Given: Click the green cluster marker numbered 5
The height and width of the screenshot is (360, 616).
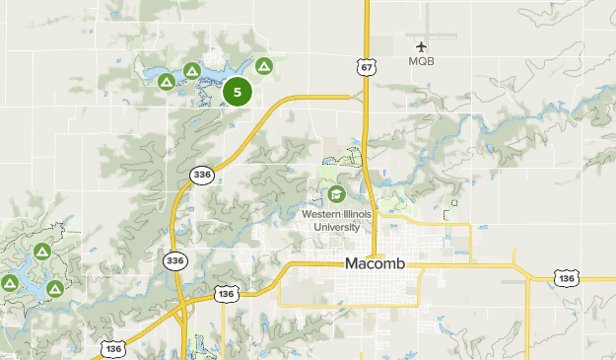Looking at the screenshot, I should click(x=238, y=92).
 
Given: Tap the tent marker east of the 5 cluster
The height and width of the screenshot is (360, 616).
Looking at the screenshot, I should click(x=263, y=67).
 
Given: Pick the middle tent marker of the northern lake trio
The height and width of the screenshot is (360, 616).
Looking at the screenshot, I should click(x=190, y=71).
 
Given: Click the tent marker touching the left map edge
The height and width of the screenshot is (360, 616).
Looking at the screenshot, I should click(x=9, y=283).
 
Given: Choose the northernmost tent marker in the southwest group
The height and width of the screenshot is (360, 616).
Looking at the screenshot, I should click(x=41, y=252).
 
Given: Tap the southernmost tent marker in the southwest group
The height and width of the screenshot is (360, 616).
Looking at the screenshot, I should click(x=55, y=288).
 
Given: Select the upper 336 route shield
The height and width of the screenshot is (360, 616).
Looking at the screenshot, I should click(x=201, y=175).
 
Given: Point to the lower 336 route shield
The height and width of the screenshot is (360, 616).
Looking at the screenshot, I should click(x=173, y=260).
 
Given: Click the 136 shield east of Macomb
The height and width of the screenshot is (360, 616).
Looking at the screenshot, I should click(x=566, y=279).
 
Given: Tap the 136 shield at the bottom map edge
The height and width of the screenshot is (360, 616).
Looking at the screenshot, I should click(x=111, y=348).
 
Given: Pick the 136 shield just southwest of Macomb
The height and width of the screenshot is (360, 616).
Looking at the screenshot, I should click(x=227, y=294).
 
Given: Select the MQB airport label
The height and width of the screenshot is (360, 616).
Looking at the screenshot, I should click(x=422, y=61).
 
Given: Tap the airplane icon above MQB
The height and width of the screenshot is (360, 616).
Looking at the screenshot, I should click(x=422, y=45).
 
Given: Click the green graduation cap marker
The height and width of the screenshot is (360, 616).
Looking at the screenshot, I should click(x=336, y=193).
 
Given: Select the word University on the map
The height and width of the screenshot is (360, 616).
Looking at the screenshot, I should click(x=337, y=227).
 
